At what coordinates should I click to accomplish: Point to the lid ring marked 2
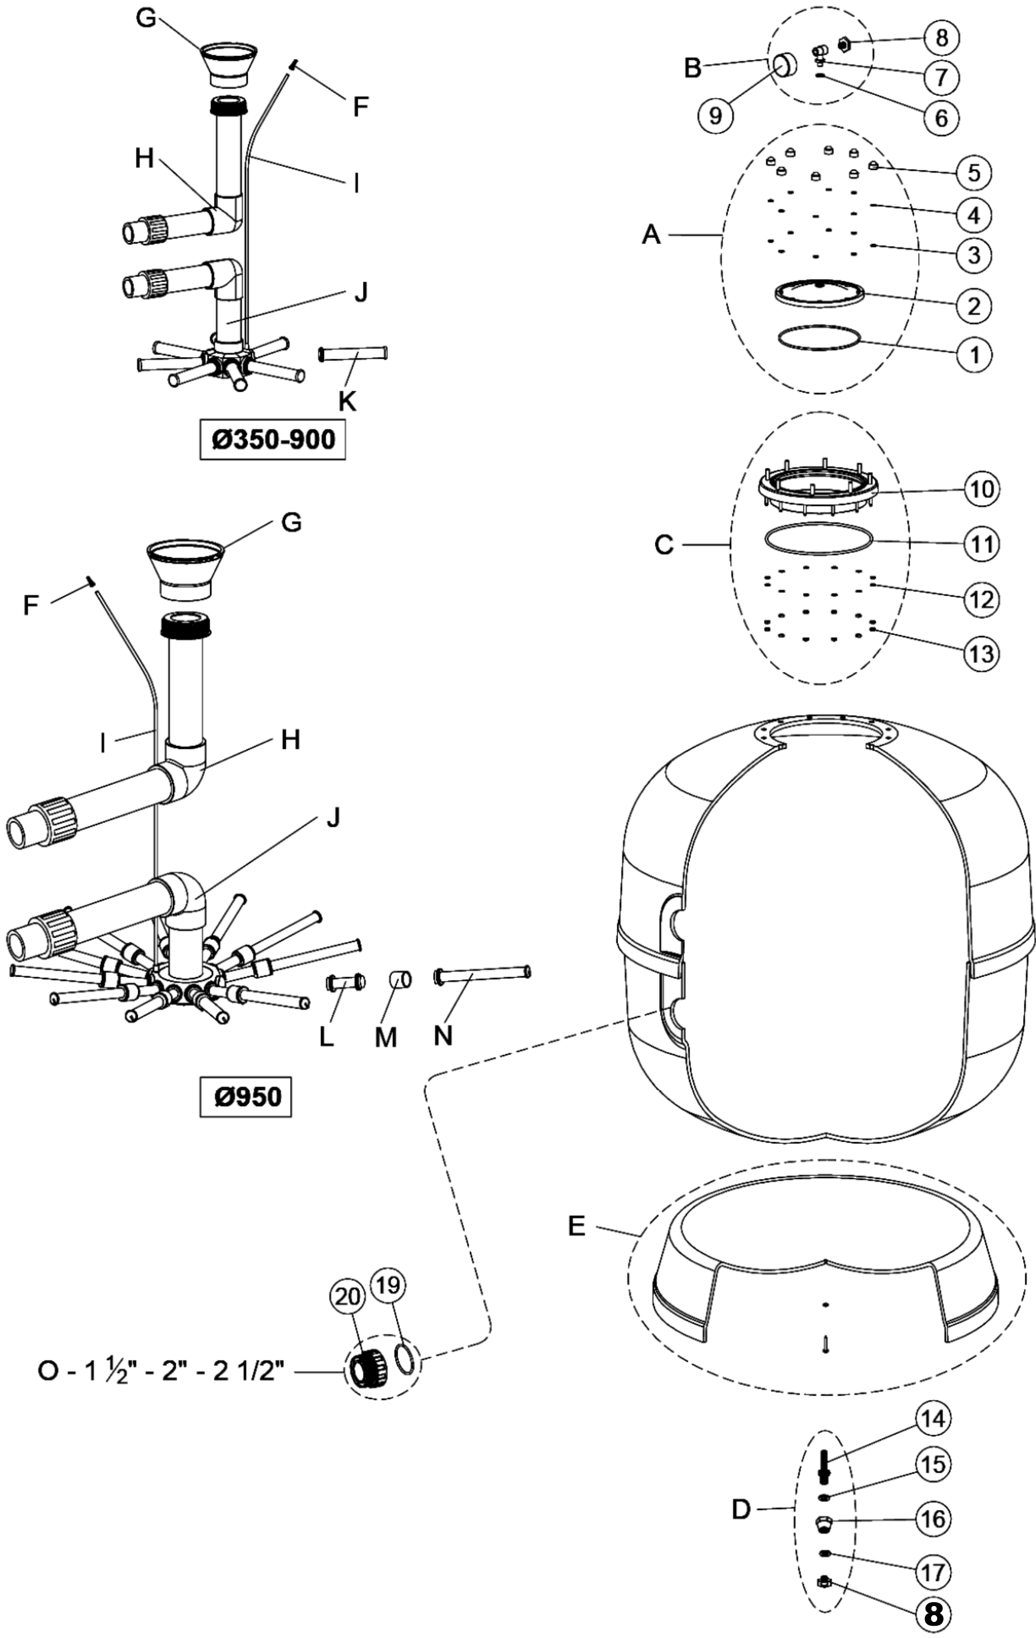[x=820, y=292]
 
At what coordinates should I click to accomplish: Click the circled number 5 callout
[x=974, y=171]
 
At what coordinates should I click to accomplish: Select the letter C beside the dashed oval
[x=665, y=544]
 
